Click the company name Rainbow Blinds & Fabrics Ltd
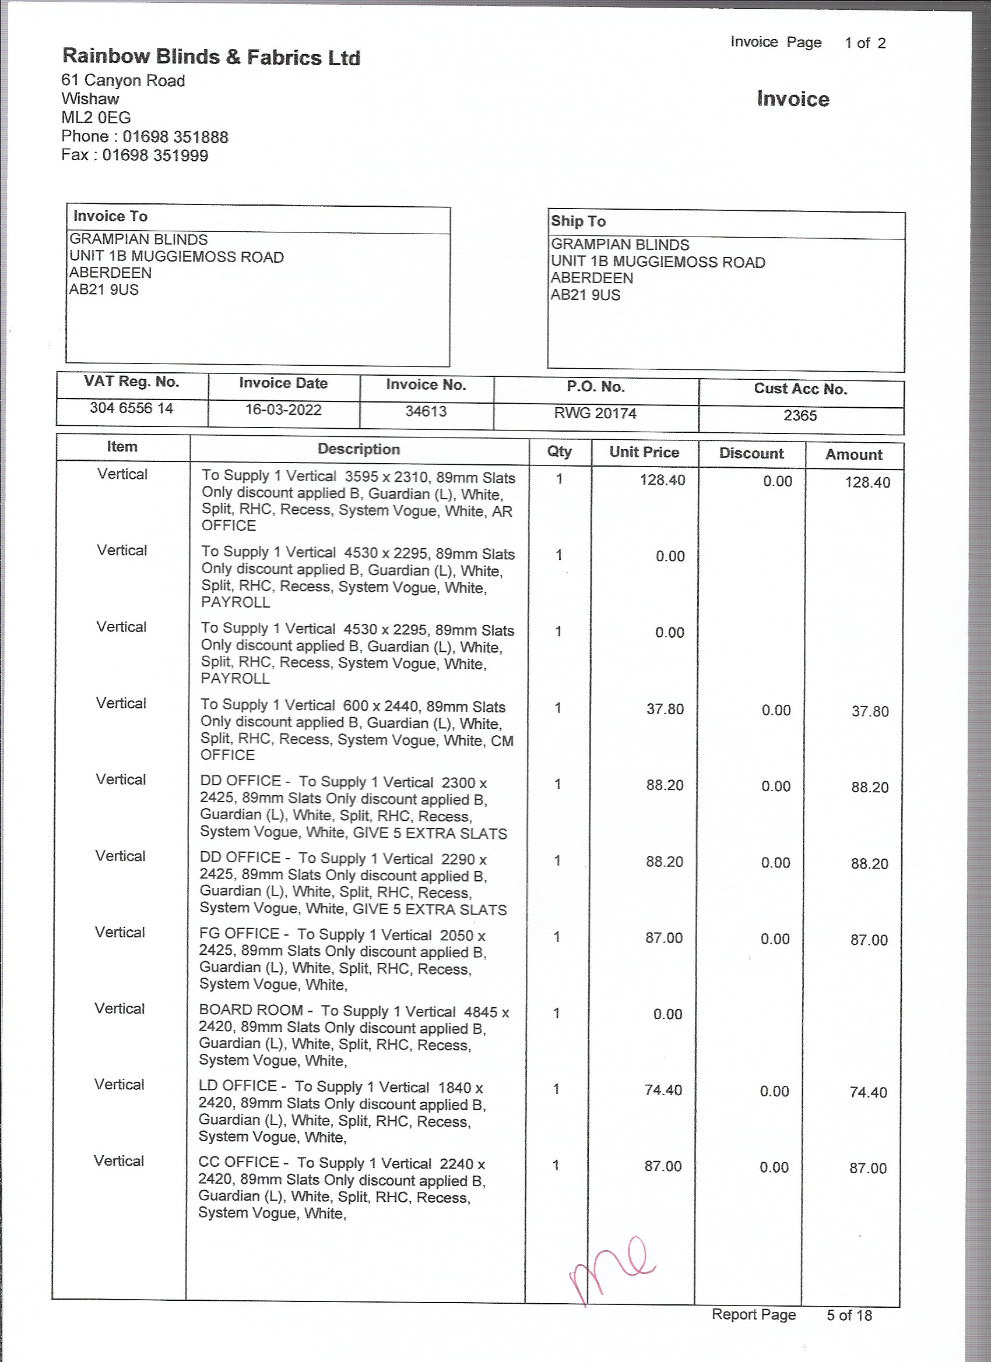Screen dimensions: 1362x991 (x=211, y=57)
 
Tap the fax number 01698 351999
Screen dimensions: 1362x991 (x=155, y=156)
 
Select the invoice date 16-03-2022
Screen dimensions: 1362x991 (x=283, y=410)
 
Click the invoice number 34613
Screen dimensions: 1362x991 (x=426, y=411)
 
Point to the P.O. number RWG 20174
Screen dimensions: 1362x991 (x=595, y=413)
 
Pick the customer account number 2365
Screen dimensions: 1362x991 (x=800, y=415)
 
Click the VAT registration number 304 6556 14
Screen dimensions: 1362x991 (x=132, y=408)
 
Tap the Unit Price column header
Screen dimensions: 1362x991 (x=644, y=452)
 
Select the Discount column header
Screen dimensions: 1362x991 (x=751, y=453)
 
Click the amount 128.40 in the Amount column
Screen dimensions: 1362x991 (x=867, y=482)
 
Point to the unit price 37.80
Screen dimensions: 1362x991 (x=665, y=709)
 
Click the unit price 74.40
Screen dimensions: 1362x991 (x=663, y=1090)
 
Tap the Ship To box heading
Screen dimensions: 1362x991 (x=578, y=221)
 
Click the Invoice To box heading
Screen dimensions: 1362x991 (x=111, y=216)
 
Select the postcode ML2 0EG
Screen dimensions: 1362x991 (x=96, y=118)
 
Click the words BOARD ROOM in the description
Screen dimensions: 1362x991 (x=251, y=1010)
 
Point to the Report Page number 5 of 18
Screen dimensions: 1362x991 (x=849, y=1316)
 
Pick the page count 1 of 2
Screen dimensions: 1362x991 (x=865, y=43)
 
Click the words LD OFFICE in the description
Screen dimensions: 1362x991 (x=238, y=1086)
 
